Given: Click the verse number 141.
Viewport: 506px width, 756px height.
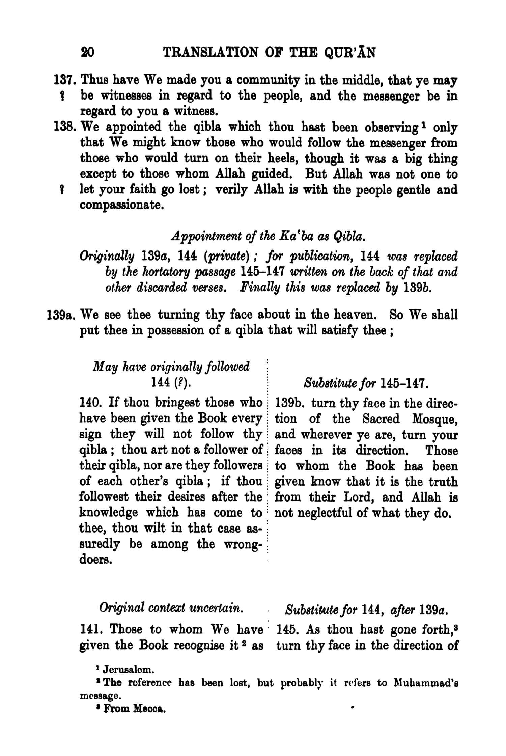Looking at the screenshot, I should [x=89, y=629].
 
